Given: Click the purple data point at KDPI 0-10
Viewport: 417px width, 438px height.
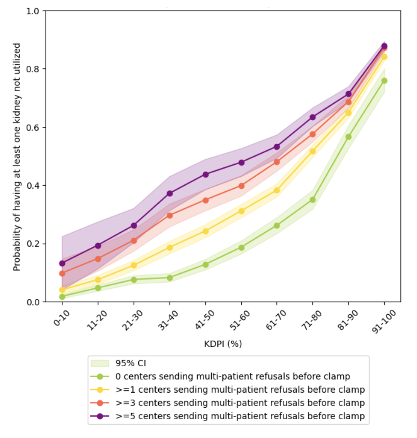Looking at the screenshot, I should tap(62, 264).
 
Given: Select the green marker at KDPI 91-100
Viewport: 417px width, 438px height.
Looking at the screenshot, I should tap(384, 81).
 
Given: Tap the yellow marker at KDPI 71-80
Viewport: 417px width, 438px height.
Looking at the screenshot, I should tap(313, 151).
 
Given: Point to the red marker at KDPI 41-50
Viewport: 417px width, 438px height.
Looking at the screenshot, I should tap(205, 200).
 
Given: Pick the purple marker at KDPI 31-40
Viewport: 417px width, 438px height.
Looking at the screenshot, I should tap(170, 194).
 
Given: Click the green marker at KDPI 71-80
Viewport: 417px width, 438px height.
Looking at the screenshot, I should tap(313, 200).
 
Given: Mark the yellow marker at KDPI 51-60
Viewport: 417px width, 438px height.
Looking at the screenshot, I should tap(241, 211).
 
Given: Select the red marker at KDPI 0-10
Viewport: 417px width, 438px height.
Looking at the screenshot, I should tap(62, 273).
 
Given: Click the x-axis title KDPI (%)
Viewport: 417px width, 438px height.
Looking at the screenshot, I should tap(223, 344).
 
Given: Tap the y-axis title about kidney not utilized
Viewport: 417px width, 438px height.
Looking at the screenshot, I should tap(17, 157).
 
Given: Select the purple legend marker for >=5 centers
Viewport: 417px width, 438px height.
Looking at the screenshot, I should tap(100, 416).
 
